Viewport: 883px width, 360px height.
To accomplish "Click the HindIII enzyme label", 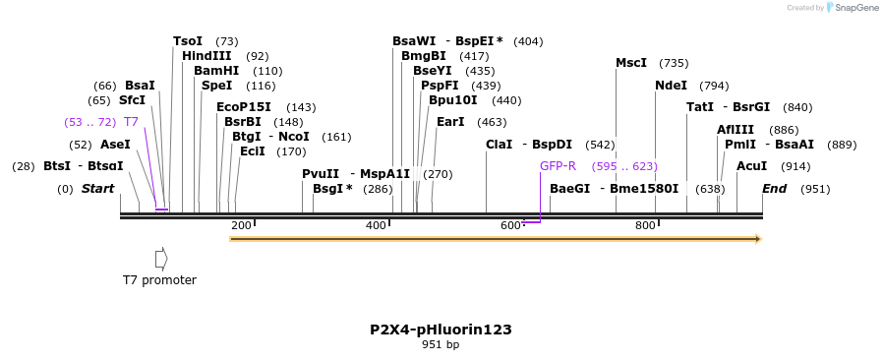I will [x=206, y=56].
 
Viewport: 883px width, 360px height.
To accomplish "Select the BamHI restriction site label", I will [x=216, y=71].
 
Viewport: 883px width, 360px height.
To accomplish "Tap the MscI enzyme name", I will [x=631, y=63].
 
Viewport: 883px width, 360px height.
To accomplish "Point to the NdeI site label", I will [x=671, y=86].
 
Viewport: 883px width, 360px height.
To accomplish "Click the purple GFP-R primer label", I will [x=558, y=166].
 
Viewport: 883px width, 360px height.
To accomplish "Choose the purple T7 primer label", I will [x=131, y=122].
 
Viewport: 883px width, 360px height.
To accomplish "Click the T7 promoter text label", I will [x=159, y=280].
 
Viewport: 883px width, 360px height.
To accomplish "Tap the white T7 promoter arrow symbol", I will [x=161, y=259].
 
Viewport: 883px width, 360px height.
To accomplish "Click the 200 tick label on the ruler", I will [x=241, y=225].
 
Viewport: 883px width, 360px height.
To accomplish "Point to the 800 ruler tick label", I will [x=645, y=225].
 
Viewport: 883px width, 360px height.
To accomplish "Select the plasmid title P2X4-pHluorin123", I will [x=441, y=330].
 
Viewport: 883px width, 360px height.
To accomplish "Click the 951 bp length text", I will [x=441, y=345].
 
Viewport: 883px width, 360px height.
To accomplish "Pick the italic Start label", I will [x=98, y=189].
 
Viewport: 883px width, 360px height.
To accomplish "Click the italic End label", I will [x=775, y=189].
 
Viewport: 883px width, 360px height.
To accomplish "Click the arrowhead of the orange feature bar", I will [x=757, y=239].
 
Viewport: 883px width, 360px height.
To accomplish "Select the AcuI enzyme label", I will [x=751, y=166].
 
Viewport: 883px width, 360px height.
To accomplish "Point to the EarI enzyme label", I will [x=450, y=122].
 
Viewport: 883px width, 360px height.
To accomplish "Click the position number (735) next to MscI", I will [x=674, y=63].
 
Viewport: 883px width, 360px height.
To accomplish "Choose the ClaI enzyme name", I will [x=499, y=145].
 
